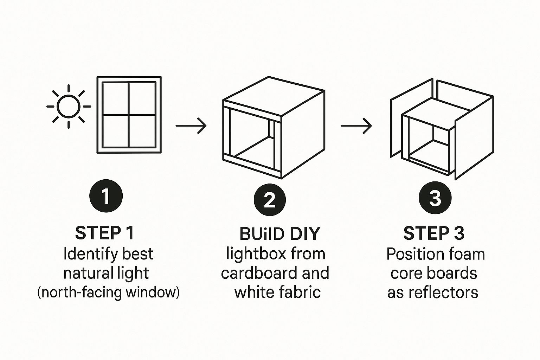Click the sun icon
coord(69,107)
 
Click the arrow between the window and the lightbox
coord(191,126)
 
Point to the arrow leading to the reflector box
coord(356,126)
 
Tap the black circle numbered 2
coord(270,200)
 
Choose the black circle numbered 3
coord(435,198)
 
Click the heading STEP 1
coord(105,233)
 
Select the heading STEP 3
coord(434,233)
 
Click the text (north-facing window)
coord(108,292)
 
